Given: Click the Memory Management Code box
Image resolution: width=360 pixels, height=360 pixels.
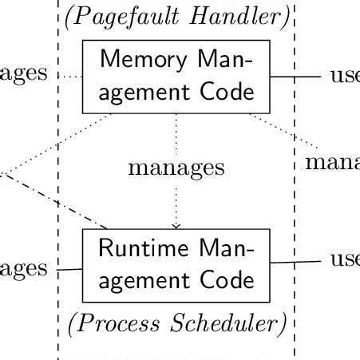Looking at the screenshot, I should coord(176,76).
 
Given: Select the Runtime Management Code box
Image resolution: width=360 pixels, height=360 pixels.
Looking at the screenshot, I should coord(176,264).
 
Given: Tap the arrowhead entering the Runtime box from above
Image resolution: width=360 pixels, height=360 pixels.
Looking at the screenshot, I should coord(176,226).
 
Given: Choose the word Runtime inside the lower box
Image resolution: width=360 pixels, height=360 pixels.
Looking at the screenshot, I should coord(142,248).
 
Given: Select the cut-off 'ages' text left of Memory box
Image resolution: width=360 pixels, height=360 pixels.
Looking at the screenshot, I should coord(24,74).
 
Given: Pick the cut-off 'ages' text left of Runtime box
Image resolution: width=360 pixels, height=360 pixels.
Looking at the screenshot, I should coord(24,269).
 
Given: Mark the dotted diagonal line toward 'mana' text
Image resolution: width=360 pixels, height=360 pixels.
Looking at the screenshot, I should coord(283,132).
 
